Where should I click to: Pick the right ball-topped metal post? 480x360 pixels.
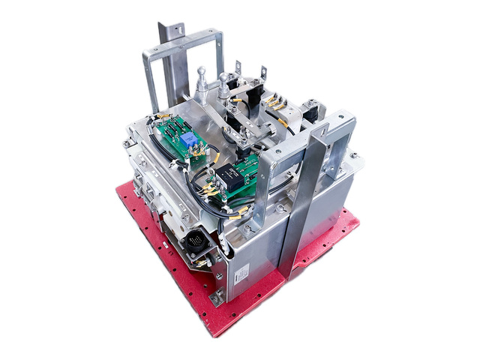223,82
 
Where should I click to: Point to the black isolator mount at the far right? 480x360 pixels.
312,112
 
